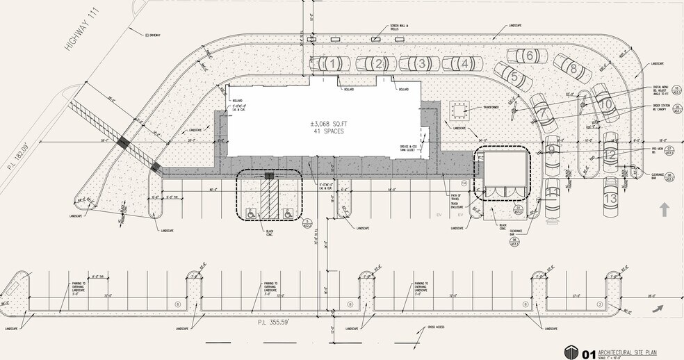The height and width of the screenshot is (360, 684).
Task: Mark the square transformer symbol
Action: [459, 108]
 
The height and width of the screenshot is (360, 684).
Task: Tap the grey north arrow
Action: [665, 208]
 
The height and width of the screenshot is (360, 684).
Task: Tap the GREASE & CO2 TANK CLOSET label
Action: [409, 147]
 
